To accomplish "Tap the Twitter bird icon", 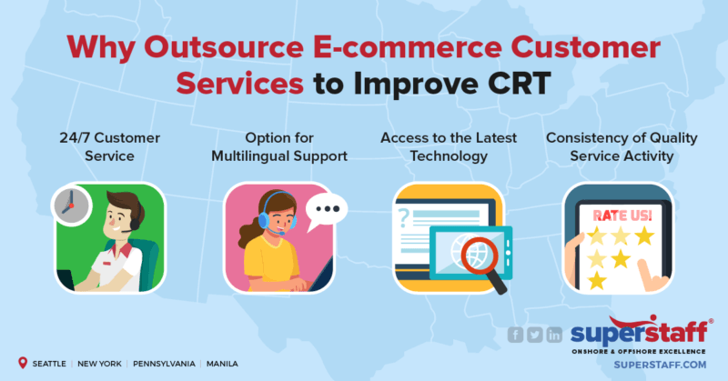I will tap(535, 336).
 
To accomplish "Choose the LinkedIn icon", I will tap(554, 336).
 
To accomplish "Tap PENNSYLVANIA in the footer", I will tap(165, 363).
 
